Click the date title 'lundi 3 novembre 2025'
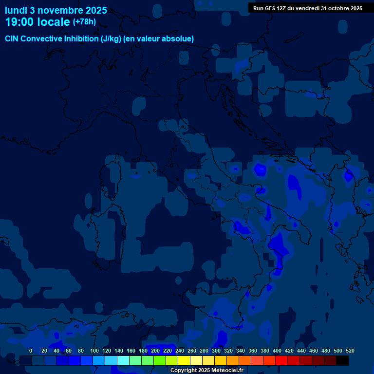(56, 10)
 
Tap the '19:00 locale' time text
(37, 22)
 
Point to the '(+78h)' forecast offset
(85, 21)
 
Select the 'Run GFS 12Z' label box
(308, 8)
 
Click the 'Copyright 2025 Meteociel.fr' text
(206, 371)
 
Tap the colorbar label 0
(31, 351)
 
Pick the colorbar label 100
(94, 351)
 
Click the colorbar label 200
(155, 351)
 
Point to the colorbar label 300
(216, 351)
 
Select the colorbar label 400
(277, 351)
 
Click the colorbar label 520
(350, 351)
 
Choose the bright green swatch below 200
(160, 361)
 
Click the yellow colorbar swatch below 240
(184, 361)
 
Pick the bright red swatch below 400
(281, 361)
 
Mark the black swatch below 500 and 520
(342, 361)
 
